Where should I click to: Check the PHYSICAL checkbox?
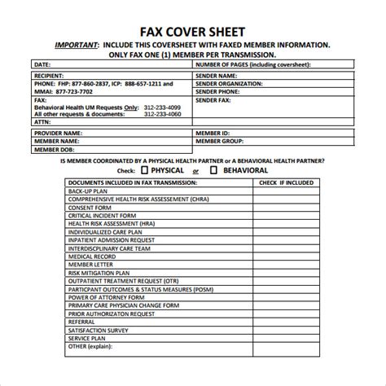(x=143, y=170)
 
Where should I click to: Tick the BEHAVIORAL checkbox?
(x=214, y=170)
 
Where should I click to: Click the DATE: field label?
(x=43, y=64)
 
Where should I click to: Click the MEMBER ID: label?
(x=213, y=131)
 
